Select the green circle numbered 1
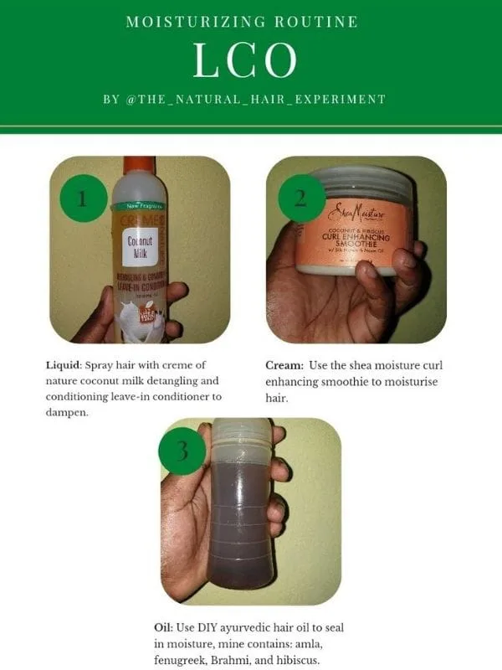click(x=82, y=198)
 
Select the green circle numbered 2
click(x=298, y=198)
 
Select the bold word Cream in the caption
click(x=283, y=366)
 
